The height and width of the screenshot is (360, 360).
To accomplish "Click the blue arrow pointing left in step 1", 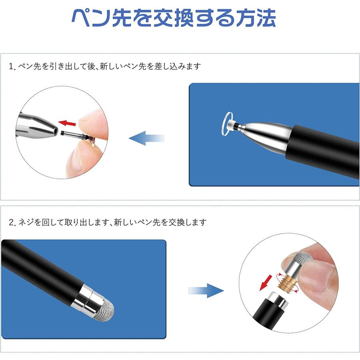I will (x=146, y=138).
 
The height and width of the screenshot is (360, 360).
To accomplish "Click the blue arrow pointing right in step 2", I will (x=206, y=291).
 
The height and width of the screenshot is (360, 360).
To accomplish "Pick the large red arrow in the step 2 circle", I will (x=264, y=284).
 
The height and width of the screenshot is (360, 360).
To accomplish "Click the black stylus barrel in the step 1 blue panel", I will (x=324, y=150).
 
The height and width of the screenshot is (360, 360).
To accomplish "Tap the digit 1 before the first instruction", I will (x=11, y=67).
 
